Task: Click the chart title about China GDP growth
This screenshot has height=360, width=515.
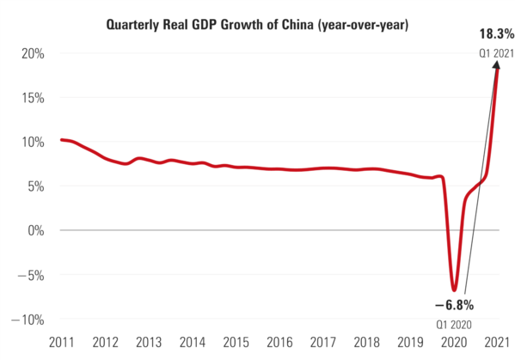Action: pos(257,25)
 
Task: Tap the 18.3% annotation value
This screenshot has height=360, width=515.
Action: pos(497,35)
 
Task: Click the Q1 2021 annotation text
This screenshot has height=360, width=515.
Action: pos(497,54)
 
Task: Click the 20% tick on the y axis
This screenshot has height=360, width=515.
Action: pos(32,53)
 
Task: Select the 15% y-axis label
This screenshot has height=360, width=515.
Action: pos(32,97)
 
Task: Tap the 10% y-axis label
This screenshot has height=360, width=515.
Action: pos(32,142)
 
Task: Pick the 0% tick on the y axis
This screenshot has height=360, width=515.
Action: pos(36,230)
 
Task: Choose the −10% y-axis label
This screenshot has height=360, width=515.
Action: pos(28,319)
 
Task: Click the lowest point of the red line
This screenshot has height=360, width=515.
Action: pos(454,290)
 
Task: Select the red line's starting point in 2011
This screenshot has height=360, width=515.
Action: pos(61,139)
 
